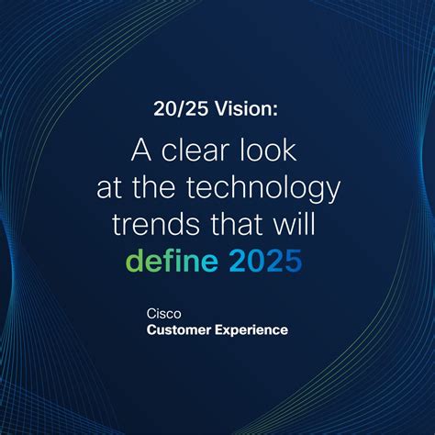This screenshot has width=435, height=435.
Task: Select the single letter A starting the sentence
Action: point(139,151)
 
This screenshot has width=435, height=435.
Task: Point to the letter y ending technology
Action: point(331,192)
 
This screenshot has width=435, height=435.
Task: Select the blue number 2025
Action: point(265,262)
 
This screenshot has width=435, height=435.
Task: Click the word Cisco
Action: point(162,313)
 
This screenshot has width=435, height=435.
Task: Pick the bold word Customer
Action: point(180,329)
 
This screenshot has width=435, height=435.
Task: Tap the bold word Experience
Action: point(252,329)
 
